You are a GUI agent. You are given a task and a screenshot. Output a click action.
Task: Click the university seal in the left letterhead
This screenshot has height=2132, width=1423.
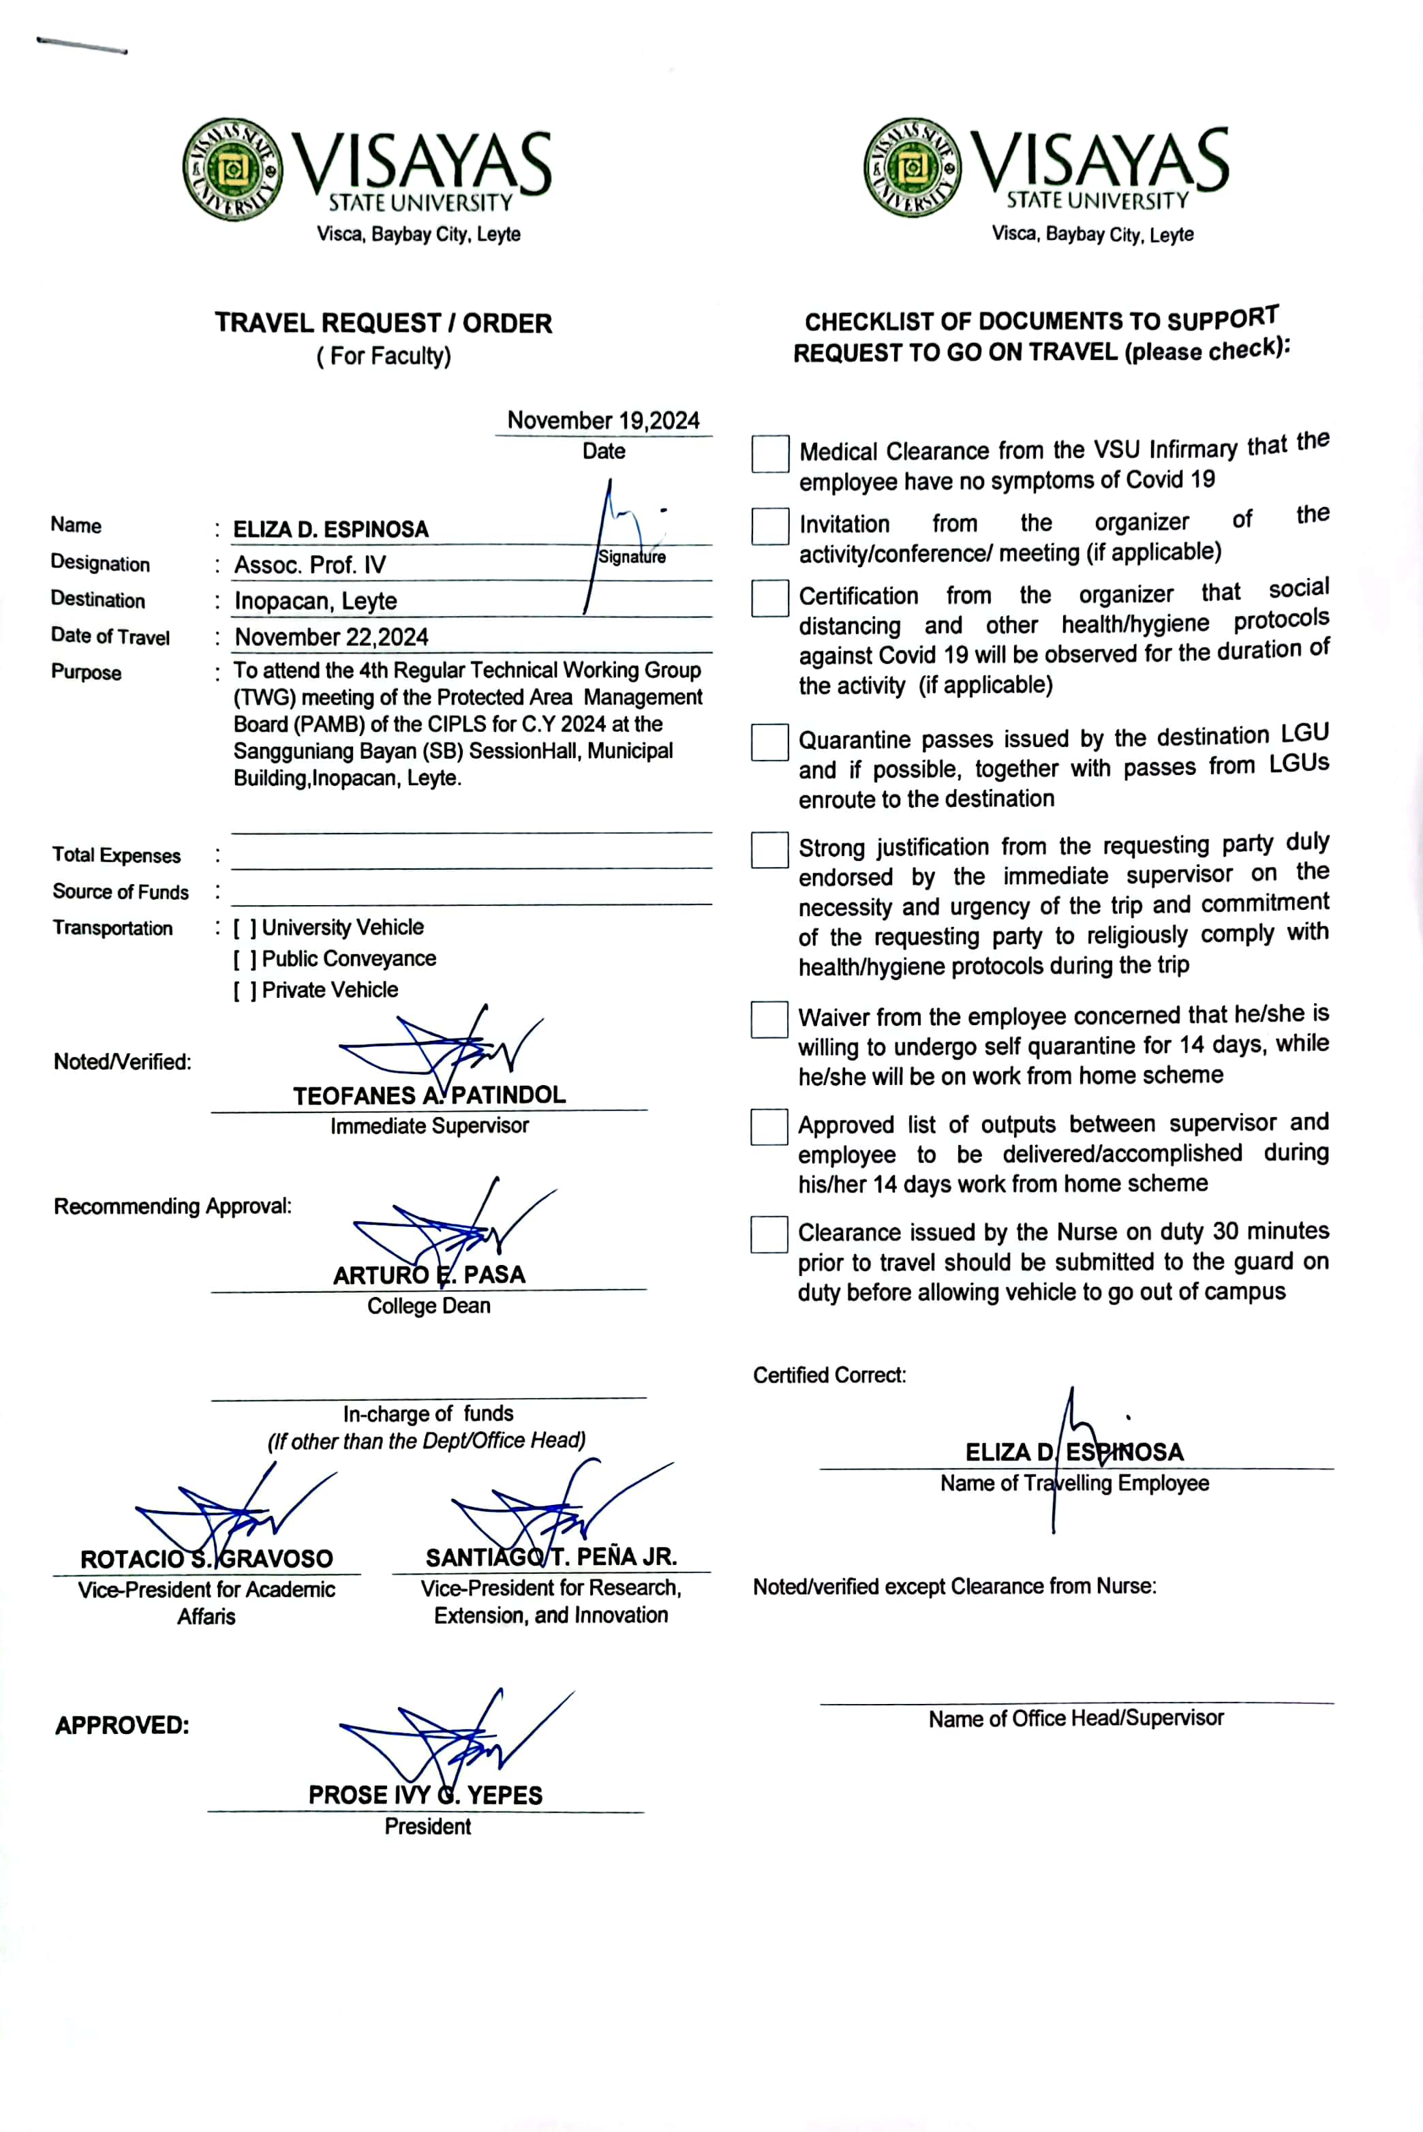[x=232, y=169]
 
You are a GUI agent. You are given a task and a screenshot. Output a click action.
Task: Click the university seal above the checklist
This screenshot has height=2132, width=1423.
[x=912, y=168]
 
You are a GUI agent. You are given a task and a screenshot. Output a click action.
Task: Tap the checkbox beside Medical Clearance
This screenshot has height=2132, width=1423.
[x=769, y=454]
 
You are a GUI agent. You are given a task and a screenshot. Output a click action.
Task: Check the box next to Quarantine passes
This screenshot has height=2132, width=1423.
[x=769, y=742]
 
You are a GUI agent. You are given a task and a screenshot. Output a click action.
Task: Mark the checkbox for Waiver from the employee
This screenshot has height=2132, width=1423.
[x=769, y=1019]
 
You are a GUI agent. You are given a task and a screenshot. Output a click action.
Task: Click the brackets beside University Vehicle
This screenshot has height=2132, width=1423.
[x=245, y=928]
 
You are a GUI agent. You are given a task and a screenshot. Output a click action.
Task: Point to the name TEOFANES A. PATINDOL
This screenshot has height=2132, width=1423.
[x=429, y=1095]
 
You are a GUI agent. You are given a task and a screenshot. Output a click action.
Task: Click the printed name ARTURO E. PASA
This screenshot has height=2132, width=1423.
[x=429, y=1275]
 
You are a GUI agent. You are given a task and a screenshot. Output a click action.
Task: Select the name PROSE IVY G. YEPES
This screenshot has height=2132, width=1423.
[x=426, y=1795]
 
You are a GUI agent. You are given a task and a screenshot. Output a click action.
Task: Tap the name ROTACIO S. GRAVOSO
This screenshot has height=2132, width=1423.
[x=207, y=1559]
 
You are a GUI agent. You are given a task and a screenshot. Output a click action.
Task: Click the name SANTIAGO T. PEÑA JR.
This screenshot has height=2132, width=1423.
[x=551, y=1557]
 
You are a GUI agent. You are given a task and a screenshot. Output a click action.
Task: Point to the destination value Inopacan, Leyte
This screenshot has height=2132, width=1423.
[x=316, y=601]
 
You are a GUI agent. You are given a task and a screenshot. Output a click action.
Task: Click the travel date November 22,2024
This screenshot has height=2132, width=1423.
[x=331, y=637]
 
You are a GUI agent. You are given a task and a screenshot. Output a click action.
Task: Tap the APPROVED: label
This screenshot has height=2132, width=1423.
[x=123, y=1725]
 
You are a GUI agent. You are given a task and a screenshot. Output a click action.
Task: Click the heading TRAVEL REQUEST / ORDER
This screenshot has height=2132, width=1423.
[x=383, y=323]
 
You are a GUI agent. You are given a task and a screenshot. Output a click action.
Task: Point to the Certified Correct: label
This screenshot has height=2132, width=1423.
[x=829, y=1375]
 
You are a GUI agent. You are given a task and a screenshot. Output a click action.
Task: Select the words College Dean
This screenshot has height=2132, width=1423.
[x=429, y=1306]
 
